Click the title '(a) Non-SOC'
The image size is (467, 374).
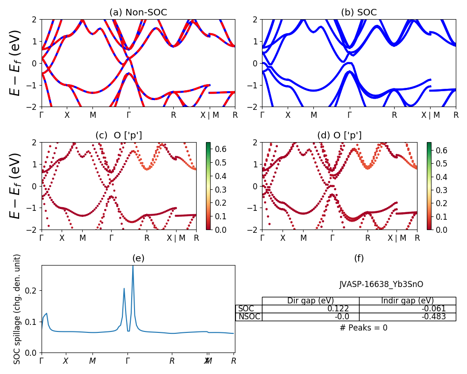pyautogui.click(x=138, y=13)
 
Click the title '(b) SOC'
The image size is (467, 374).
pyautogui.click(x=359, y=13)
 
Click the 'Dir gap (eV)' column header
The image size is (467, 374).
pyautogui.click(x=310, y=301)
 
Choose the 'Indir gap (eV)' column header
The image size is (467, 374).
pyautogui.click(x=407, y=301)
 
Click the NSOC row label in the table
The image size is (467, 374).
pyautogui.click(x=249, y=316)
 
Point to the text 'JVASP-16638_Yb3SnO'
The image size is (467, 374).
pyautogui.click(x=381, y=284)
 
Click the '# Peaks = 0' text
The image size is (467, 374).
pyautogui.click(x=363, y=328)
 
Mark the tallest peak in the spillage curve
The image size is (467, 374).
pyautogui.click(x=133, y=266)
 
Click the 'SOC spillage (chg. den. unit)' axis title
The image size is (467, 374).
pyautogui.click(x=17, y=309)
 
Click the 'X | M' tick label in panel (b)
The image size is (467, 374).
pyautogui.click(x=430, y=115)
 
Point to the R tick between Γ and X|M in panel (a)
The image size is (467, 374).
pyautogui.click(x=173, y=115)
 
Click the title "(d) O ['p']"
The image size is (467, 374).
pyautogui.click(x=339, y=136)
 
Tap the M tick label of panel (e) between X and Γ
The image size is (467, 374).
pyautogui.click(x=92, y=361)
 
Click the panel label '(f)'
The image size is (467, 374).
pyautogui.click(x=359, y=258)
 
